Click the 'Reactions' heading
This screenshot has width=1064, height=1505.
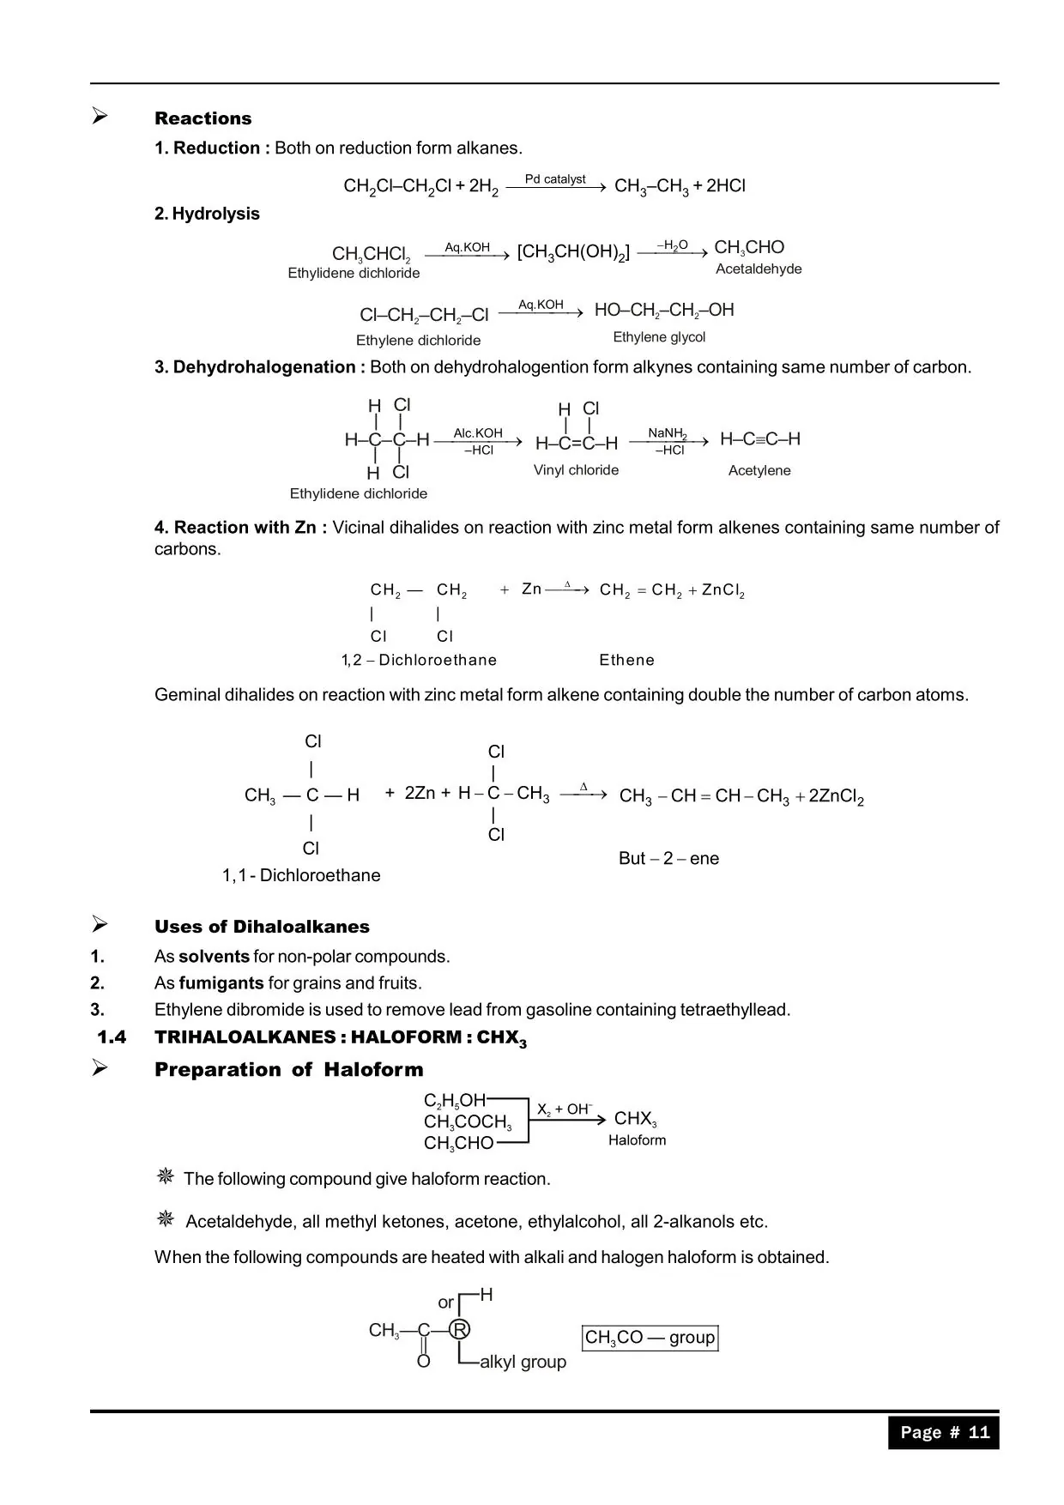click(x=203, y=118)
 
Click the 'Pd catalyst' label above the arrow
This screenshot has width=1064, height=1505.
click(x=555, y=179)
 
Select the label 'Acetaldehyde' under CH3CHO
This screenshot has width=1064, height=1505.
click(x=759, y=269)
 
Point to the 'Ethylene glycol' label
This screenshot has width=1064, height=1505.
click(x=659, y=337)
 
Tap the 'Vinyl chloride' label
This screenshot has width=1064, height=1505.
click(x=576, y=470)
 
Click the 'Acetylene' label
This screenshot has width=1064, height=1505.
click(x=759, y=470)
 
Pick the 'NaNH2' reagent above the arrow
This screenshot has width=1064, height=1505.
click(x=667, y=433)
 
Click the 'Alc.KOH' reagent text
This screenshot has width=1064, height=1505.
click(x=478, y=433)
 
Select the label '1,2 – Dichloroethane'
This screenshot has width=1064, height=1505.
click(x=419, y=660)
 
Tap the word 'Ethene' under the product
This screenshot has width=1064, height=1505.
click(x=626, y=660)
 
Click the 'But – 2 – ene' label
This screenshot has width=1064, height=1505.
click(x=668, y=858)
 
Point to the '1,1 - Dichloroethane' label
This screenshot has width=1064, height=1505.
click(x=301, y=875)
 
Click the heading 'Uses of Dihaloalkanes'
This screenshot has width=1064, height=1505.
click(x=262, y=927)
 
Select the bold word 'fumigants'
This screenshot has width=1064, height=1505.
click(x=221, y=983)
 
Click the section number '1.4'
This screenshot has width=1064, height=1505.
click(x=112, y=1037)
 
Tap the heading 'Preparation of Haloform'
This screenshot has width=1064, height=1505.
click(x=288, y=1070)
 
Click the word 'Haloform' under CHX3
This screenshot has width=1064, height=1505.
click(x=637, y=1140)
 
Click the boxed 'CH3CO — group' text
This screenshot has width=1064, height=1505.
click(x=650, y=1338)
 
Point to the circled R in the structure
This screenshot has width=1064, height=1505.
click(x=460, y=1330)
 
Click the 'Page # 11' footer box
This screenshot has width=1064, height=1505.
click(x=944, y=1432)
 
